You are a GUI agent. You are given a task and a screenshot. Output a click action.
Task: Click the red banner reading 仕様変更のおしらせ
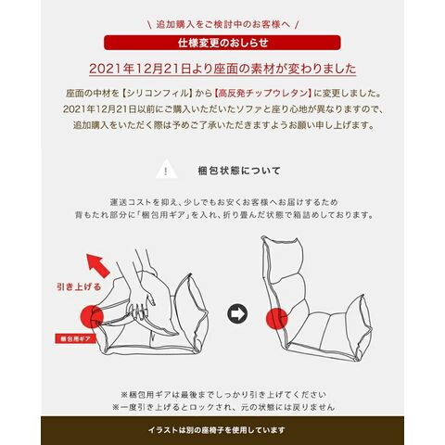click(x=222, y=43)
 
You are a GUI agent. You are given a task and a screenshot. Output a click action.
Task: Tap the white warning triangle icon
click(x=166, y=170)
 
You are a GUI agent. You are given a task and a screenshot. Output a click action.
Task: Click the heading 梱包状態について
click(x=239, y=171)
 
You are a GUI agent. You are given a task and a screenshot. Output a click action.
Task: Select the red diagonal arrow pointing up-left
click(x=97, y=265)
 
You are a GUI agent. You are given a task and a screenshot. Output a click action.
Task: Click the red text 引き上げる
click(x=79, y=287)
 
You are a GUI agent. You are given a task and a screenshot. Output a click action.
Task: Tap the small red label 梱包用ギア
click(x=76, y=339)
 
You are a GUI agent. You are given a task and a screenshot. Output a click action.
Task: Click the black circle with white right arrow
click(x=237, y=313)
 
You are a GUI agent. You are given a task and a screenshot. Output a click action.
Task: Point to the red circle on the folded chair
click(x=92, y=316)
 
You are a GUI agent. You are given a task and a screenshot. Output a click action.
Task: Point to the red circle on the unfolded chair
click(x=277, y=318)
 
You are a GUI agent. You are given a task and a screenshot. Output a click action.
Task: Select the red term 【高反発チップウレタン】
click(x=263, y=93)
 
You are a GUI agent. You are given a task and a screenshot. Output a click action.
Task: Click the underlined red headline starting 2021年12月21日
click(x=222, y=69)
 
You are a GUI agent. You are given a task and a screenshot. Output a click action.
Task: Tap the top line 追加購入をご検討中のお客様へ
click(x=222, y=24)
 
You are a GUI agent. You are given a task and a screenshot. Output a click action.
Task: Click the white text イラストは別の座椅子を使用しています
click(x=216, y=430)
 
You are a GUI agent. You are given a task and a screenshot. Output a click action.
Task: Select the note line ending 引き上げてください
click(x=223, y=395)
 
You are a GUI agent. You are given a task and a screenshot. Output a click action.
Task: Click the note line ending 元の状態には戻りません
click(x=223, y=407)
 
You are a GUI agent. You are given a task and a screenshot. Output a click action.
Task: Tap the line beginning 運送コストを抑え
click(x=224, y=202)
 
